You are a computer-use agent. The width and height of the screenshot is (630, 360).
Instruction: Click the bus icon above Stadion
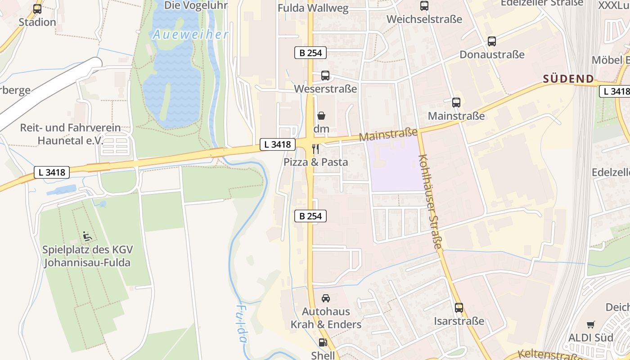tap(37, 9)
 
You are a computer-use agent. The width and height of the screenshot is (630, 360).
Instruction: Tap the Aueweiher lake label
tap(190, 35)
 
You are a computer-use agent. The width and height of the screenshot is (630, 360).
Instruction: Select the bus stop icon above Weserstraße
tap(325, 76)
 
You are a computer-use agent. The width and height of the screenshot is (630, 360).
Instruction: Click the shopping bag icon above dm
tap(321, 116)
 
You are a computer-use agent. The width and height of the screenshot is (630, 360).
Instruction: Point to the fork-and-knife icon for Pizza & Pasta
tap(315, 148)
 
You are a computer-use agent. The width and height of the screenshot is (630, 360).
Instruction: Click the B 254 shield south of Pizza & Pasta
tap(310, 216)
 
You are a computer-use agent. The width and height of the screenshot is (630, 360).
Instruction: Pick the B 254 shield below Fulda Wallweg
tap(310, 53)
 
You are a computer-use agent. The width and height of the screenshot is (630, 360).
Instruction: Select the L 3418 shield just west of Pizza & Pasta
tap(278, 144)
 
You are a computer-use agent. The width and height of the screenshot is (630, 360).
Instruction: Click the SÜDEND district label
tap(568, 79)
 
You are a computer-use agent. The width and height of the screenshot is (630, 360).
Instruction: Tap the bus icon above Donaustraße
tap(492, 41)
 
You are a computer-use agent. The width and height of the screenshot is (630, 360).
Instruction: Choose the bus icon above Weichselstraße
tap(424, 6)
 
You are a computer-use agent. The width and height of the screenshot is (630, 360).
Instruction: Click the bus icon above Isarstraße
tap(459, 308)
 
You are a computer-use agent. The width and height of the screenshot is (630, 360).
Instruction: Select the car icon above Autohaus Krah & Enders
tap(326, 298)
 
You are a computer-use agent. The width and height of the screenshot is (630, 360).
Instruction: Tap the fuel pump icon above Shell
tap(323, 342)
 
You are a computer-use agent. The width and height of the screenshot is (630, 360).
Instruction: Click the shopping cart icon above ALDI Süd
tap(591, 324)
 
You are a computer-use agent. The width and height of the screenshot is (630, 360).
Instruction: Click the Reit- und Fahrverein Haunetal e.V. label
tap(70, 134)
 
